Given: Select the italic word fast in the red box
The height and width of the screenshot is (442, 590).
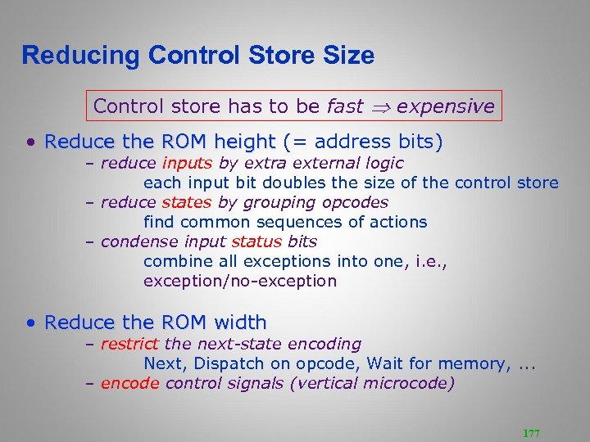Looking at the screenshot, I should pyautogui.click(x=345, y=106).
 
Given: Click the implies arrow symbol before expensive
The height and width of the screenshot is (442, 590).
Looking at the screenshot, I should pyautogui.click(x=382, y=106).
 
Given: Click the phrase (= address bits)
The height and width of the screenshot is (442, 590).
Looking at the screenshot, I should pyautogui.click(x=362, y=142).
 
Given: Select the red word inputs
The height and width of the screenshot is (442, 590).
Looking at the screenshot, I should pyautogui.click(x=188, y=163).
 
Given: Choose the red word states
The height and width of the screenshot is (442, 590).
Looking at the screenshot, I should pyautogui.click(x=186, y=202).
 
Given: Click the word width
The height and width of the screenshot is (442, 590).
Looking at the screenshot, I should pyautogui.click(x=239, y=322).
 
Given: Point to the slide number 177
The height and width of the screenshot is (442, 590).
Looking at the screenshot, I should pyautogui.click(x=531, y=433).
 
